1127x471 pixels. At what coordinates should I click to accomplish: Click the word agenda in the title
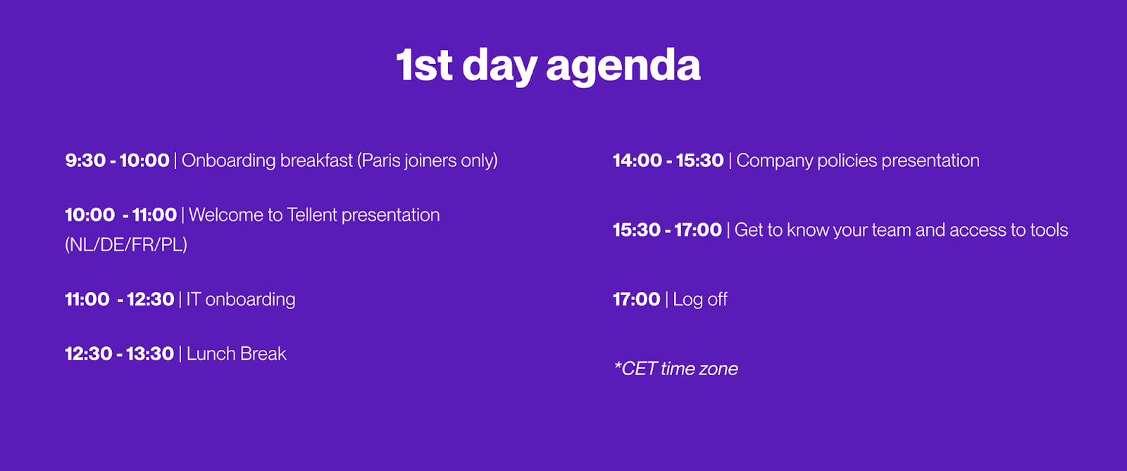pos(623,66)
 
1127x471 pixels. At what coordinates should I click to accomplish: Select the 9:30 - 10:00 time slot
pos(117,161)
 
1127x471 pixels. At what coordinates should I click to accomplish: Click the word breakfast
pos(316,161)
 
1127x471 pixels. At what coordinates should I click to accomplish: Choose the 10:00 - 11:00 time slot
pos(120,215)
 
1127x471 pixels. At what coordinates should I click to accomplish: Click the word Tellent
pos(311,215)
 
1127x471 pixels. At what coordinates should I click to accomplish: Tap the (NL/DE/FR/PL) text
pos(126,244)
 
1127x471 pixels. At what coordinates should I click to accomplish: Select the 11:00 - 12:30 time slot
pos(119,299)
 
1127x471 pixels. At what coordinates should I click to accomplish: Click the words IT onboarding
pos(240,299)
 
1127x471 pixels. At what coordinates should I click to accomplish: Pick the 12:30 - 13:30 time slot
pos(119,353)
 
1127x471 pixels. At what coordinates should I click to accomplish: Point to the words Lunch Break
pos(236,353)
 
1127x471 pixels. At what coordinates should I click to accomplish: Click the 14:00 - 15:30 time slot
pos(668,161)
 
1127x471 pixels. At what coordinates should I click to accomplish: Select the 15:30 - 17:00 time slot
pos(667,230)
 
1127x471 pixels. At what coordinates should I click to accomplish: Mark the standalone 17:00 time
pos(637,299)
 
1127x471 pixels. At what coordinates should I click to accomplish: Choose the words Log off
pos(700,299)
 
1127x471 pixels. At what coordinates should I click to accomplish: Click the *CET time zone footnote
pos(675,368)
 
